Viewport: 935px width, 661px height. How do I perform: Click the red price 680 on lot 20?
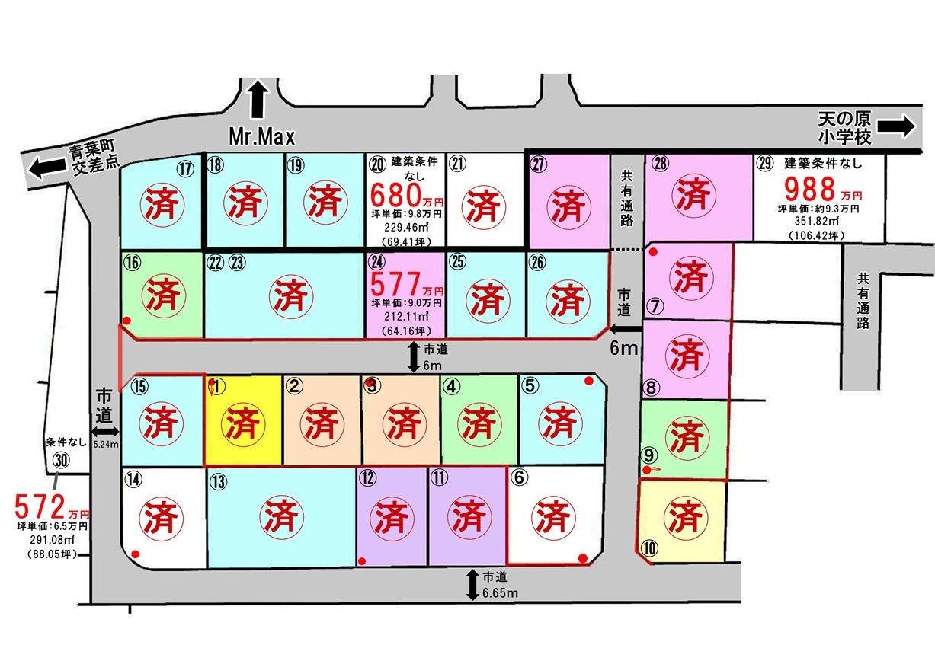tap(395, 195)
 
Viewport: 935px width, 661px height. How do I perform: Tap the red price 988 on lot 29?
tap(810, 189)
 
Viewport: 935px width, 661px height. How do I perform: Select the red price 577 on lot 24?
tap(395, 283)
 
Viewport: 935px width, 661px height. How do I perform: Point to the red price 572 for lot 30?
tap(40, 506)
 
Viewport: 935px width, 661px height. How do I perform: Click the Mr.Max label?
tap(261, 137)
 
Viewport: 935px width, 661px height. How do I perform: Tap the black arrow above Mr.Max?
tap(258, 99)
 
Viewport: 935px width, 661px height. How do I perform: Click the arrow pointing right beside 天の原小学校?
tap(896, 126)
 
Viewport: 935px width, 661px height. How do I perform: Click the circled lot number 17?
tap(185, 169)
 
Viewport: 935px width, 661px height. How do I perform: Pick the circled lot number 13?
tap(218, 482)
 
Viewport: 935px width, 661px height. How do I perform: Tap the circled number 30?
tap(61, 461)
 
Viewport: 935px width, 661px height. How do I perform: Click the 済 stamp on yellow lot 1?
tap(242, 424)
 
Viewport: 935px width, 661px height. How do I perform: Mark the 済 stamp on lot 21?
tap(483, 207)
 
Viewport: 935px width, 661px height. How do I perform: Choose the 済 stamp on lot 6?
tap(553, 518)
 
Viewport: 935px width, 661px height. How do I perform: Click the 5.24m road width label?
tap(106, 445)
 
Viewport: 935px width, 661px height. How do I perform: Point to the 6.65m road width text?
tap(500, 592)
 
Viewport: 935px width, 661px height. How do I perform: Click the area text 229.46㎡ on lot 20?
tap(407, 227)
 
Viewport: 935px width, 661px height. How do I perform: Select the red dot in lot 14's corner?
tap(135, 554)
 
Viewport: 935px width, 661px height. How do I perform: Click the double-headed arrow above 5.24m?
tap(106, 432)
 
